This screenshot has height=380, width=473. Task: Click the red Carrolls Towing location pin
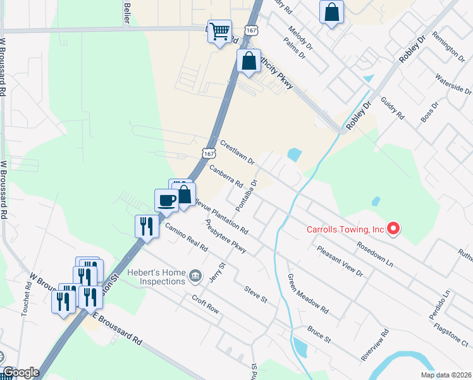pos(393,229)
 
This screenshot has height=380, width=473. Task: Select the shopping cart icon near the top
pos(219,31)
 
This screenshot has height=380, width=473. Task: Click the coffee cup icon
pos(167,201)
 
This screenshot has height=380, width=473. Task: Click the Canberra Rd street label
pos(226,177)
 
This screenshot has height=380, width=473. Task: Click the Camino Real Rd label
pos(187,237)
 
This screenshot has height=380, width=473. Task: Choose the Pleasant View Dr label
pos(340,262)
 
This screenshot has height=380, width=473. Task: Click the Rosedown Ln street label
pos(375,253)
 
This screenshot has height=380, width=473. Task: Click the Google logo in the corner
pos(21,372)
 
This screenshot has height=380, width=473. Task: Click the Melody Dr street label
pos(300,38)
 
